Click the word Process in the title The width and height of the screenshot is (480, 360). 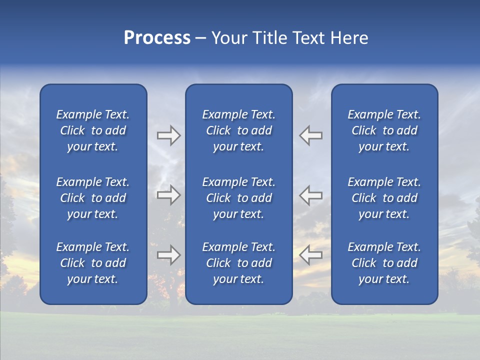click(157, 38)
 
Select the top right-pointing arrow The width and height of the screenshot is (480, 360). click(169, 135)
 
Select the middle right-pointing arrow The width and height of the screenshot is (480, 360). click(169, 195)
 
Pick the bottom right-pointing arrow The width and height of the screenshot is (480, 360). click(169, 255)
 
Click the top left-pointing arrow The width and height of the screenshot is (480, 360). click(311, 135)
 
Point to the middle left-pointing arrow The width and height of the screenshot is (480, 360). click(311, 195)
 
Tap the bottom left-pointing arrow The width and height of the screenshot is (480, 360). click(311, 255)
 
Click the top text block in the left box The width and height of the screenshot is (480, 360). click(93, 130)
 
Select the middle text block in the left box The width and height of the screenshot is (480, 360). click(93, 198)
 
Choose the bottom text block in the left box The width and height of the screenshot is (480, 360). click(93, 263)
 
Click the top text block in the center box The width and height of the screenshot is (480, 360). click(239, 130)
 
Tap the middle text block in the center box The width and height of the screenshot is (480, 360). click(239, 198)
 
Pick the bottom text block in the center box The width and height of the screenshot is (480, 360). click(239, 263)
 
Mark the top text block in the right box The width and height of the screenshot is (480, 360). click(384, 130)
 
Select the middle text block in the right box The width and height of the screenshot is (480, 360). click(384, 198)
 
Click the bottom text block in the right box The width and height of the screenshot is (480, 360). click(384, 263)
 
